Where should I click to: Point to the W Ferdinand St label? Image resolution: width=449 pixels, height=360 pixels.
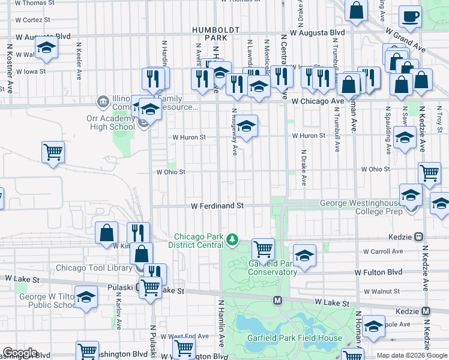coord(217,206)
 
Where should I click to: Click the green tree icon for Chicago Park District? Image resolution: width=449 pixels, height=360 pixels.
coord(232,241)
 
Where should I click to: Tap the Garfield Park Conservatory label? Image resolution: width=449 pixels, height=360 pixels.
coord(273,268)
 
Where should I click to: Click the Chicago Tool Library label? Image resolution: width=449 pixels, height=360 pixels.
coord(93,268)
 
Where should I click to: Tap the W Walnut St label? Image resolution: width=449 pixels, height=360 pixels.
coord(382,292)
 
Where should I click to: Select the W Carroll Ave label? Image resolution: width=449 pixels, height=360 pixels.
coord(382,251)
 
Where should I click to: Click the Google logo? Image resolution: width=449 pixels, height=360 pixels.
coord(20,353)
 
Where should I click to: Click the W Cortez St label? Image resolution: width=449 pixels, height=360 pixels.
coord(33,20)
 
